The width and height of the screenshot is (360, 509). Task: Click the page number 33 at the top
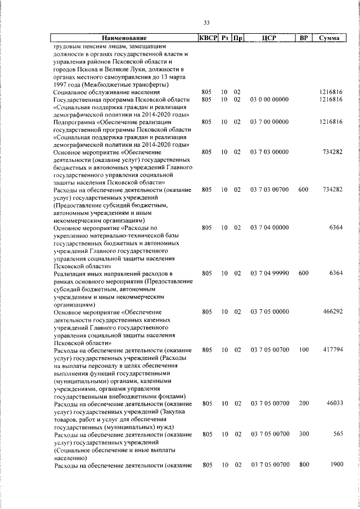(x=206, y=22)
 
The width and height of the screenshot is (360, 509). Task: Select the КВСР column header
(x=206, y=38)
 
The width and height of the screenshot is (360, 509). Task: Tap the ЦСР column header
(x=268, y=38)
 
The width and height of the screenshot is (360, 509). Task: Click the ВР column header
(x=303, y=38)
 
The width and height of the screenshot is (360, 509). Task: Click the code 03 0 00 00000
(x=269, y=100)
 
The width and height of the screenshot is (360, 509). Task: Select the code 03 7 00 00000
(x=269, y=121)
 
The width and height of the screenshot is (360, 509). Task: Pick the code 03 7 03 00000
(x=269, y=151)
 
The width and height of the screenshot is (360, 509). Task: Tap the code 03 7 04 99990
(x=269, y=273)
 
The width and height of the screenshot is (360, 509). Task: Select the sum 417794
(x=331, y=349)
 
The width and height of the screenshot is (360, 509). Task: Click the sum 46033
(x=334, y=403)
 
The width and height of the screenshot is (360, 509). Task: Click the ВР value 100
(x=303, y=349)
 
